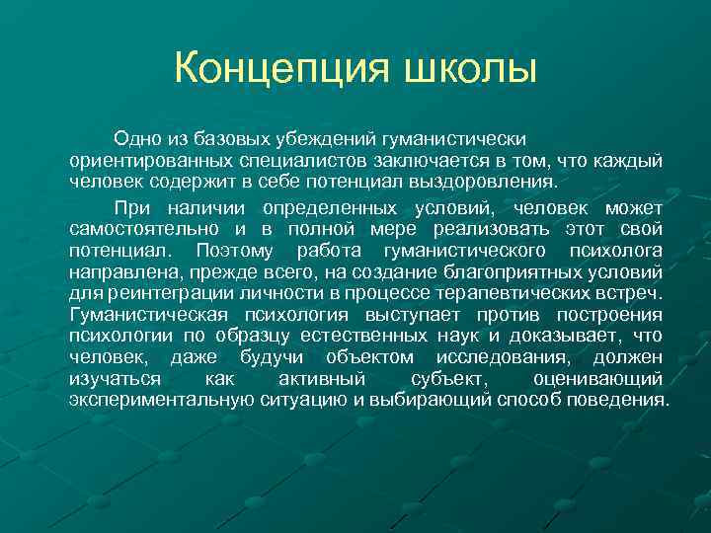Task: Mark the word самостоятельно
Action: (x=137, y=229)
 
